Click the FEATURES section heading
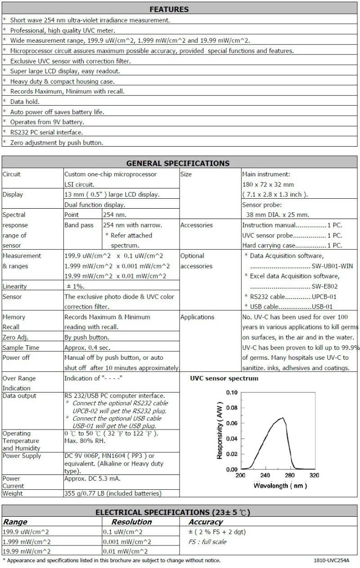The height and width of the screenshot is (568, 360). pos(169,9)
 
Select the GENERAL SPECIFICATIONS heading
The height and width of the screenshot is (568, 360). pos(178,163)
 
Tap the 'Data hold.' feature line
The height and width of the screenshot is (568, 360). pos(25,102)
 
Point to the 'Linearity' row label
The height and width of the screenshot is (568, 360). pos(14,286)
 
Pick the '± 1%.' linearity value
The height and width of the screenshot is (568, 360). pos(75,286)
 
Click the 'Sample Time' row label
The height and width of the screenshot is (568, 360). pos(21,348)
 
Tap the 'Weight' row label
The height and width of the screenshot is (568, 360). pos(12,493)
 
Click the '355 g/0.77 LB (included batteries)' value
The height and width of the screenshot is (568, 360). pos(112,493)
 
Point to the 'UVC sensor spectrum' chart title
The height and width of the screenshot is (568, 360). pos(224,379)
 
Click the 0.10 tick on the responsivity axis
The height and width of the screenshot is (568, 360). pos(231,393)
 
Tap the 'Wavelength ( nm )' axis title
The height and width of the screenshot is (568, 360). pos(280,485)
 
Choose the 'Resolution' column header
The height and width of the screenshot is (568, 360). pos(131,522)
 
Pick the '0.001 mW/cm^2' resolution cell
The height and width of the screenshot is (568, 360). pos(127,542)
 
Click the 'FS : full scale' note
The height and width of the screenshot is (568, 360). pos(207,542)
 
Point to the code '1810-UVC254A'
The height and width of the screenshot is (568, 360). pos(331,561)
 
